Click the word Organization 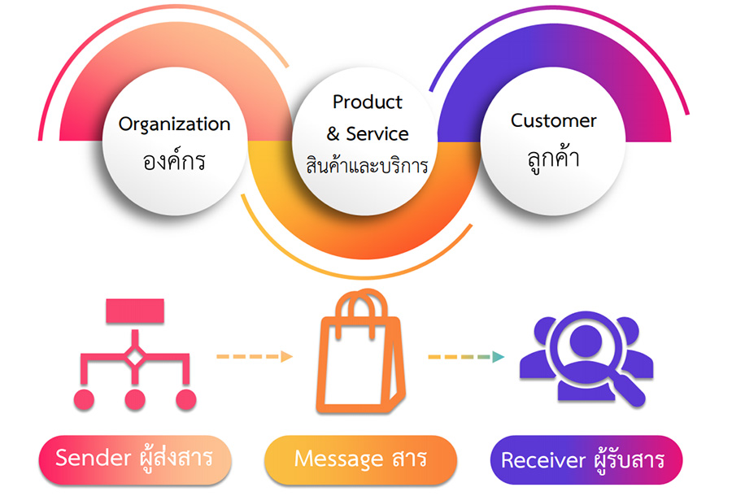[174, 125]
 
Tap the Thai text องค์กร [174, 160]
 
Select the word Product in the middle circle [368, 102]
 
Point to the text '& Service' [368, 134]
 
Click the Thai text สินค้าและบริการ [367, 165]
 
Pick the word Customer [554, 121]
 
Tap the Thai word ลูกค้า [554, 158]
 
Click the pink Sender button [135, 459]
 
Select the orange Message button [360, 459]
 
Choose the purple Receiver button [586, 459]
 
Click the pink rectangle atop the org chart [135, 311]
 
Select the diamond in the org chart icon [135, 358]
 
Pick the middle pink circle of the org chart [135, 400]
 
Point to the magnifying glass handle [629, 387]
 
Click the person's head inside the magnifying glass [586, 339]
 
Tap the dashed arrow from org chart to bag [255, 356]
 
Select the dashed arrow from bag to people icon [466, 357]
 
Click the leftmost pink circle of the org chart [84, 400]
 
